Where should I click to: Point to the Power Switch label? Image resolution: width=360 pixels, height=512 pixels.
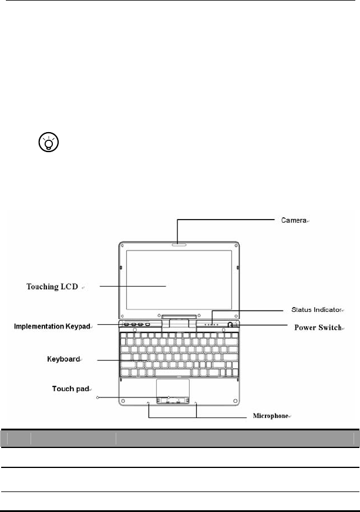tap(318, 326)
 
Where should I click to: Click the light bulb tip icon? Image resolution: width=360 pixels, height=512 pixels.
tap(50, 143)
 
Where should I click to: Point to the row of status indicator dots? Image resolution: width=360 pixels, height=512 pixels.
tap(211, 324)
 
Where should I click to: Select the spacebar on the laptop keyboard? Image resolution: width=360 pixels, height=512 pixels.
tap(174, 372)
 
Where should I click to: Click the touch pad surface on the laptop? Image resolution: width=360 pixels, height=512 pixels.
tap(173, 388)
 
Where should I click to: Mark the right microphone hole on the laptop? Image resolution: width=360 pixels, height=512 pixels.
tap(196, 403)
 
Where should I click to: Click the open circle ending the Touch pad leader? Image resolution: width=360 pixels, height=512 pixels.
tap(97, 398)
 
